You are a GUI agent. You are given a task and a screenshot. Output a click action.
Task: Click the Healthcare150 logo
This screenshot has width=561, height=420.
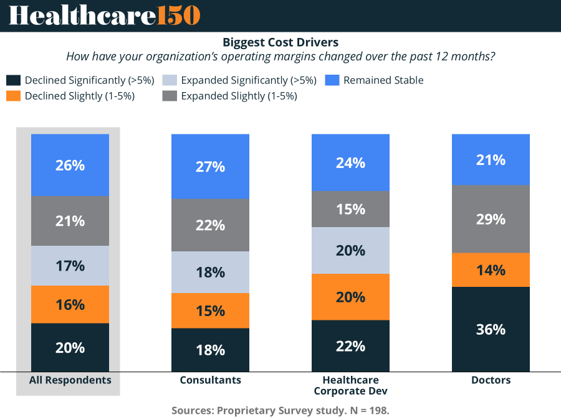(104, 16)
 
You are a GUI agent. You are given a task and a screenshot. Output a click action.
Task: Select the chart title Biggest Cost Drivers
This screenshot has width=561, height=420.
(280, 42)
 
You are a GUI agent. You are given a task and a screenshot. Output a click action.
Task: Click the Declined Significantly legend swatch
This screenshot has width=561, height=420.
(13, 80)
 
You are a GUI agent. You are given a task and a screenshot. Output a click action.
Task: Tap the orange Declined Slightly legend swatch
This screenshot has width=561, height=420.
(13, 96)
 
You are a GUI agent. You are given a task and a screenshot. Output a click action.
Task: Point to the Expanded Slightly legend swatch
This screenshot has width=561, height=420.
(169, 96)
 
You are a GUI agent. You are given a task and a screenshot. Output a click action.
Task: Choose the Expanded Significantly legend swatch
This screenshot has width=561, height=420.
(169, 80)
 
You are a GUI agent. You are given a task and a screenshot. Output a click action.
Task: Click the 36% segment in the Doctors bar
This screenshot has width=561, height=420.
(491, 329)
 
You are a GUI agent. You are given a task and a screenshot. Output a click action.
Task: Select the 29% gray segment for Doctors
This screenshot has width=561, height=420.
(491, 219)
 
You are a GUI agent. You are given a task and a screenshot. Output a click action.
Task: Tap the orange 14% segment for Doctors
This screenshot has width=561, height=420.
(491, 270)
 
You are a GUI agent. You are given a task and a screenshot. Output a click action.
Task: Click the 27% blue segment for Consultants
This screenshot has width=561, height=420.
(210, 167)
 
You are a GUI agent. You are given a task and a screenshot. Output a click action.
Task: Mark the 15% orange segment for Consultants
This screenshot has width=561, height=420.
(210, 310)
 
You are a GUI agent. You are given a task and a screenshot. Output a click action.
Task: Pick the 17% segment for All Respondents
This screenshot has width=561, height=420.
(70, 266)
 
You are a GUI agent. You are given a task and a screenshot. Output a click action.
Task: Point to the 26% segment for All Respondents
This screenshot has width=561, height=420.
(70, 165)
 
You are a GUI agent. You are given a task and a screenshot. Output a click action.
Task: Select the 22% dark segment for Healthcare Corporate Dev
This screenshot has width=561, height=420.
(350, 346)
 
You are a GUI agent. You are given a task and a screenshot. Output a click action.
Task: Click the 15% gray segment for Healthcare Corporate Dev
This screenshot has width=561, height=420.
(350, 209)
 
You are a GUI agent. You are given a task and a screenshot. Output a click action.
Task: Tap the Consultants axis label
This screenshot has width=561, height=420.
(210, 380)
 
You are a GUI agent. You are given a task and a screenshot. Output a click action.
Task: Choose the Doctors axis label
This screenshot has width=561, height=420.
(491, 380)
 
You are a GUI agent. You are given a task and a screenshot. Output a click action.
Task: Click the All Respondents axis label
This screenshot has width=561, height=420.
(70, 380)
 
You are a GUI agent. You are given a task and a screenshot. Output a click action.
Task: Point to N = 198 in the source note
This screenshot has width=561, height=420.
(368, 411)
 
